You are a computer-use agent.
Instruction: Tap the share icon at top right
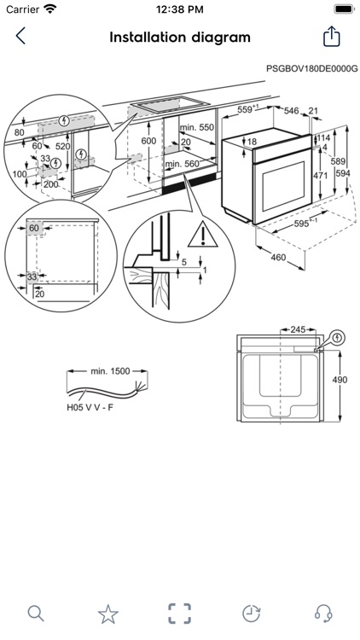tap(331, 36)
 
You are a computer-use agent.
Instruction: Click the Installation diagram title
tap(180, 37)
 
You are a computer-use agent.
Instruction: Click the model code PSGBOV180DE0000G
tap(311, 67)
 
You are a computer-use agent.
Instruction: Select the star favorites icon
tap(107, 613)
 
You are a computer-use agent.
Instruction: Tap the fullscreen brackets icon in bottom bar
tap(179, 613)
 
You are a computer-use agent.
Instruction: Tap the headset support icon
tap(323, 613)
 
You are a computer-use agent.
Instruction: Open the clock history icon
tap(251, 613)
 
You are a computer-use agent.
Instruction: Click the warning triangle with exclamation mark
tap(200, 233)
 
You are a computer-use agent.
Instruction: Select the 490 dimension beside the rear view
tap(340, 381)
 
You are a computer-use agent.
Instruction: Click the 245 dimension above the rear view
tap(298, 329)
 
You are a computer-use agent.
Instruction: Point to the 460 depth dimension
tap(278, 257)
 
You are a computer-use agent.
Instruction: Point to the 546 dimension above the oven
tap(291, 110)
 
